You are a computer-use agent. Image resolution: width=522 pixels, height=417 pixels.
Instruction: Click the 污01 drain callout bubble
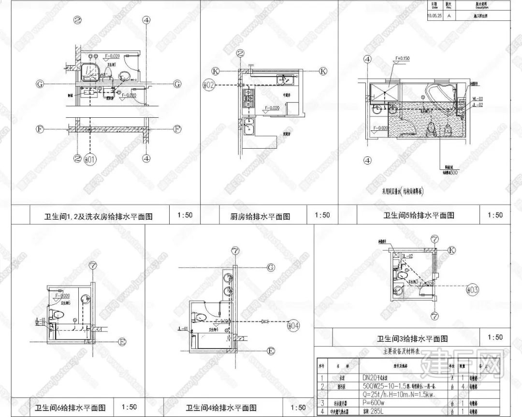pos(91,158)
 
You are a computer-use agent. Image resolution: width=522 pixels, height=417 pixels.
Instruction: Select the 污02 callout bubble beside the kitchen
pos(208,85)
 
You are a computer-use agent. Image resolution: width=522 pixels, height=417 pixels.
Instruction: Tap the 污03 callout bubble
pos(473,290)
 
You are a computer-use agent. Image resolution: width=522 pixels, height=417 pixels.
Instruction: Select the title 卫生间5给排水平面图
pos(419,215)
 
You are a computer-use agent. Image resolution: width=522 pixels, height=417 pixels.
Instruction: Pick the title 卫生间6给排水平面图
pos(71,407)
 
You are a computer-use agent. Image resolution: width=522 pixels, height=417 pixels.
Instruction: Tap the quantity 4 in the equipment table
pos(463,386)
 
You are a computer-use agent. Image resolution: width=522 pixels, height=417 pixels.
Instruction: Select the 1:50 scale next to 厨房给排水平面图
pos(322,215)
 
